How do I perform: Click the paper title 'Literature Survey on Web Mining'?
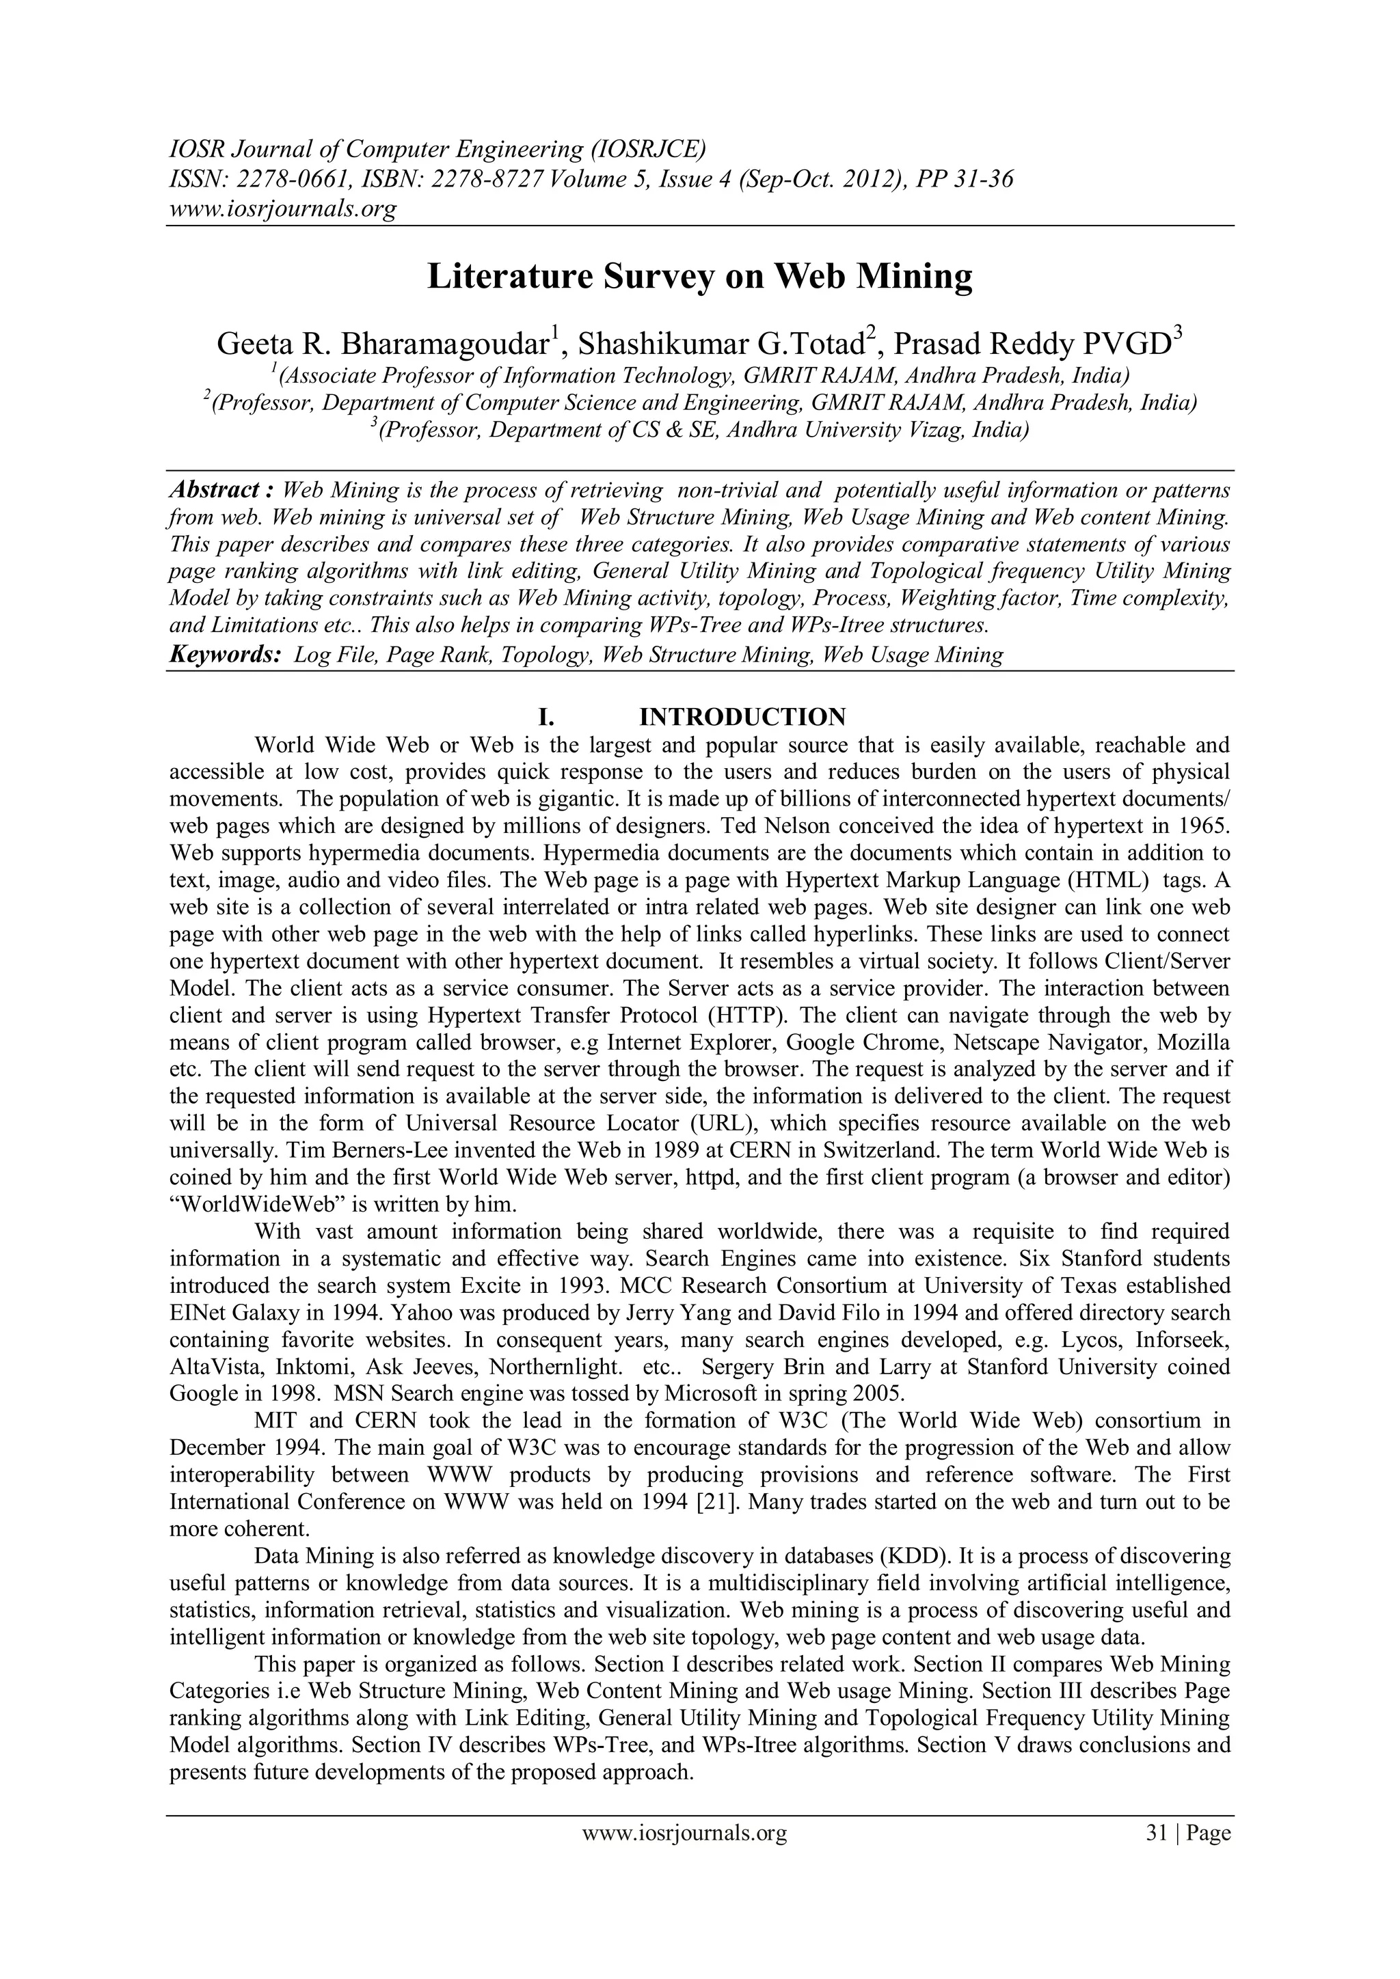click(x=700, y=277)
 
